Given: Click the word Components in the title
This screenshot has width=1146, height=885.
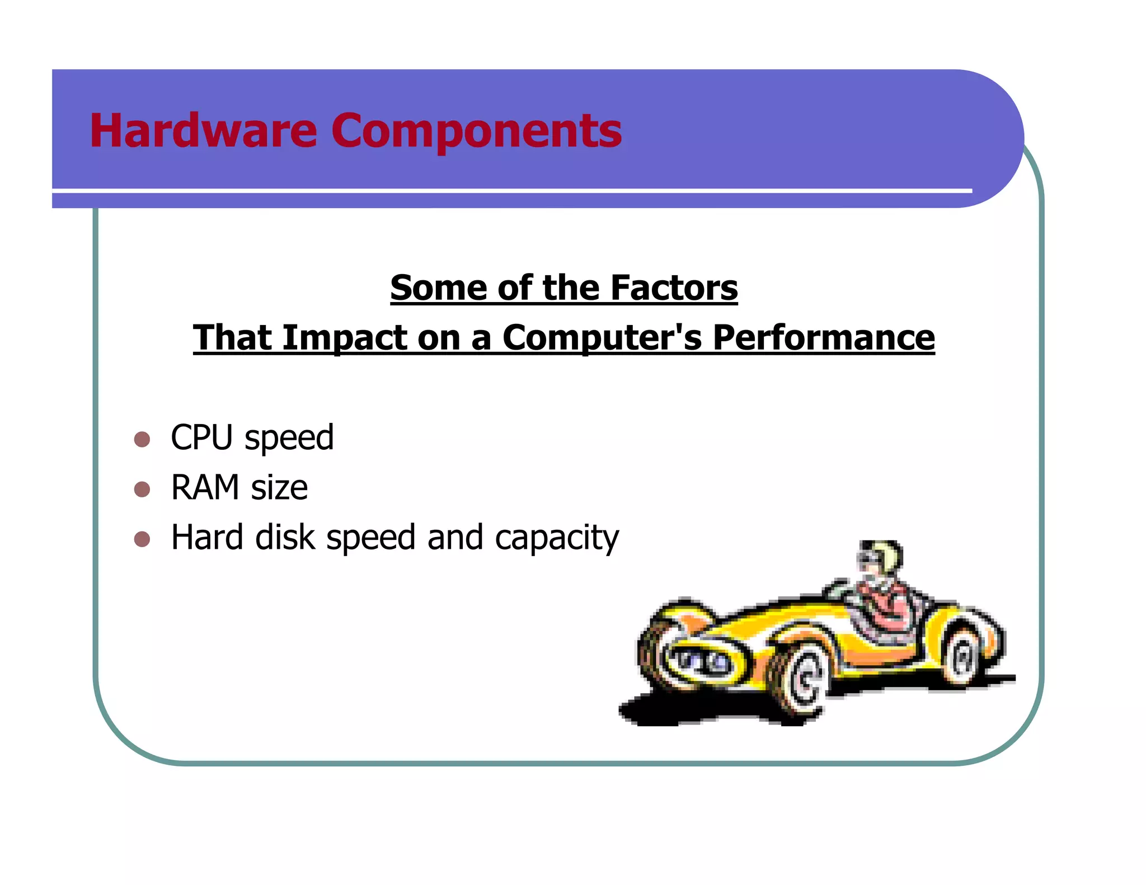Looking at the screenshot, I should tap(476, 132).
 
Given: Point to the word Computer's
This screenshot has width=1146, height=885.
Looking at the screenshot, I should tap(602, 339).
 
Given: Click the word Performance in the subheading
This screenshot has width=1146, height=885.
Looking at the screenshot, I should tap(823, 339).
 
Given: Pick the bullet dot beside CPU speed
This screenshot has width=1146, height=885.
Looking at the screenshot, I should tap(142, 439).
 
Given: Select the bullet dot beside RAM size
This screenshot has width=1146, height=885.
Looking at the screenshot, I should tap(142, 489).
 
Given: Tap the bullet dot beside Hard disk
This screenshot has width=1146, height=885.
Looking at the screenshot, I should tap(142, 539).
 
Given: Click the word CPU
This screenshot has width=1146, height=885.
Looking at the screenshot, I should tap(201, 437).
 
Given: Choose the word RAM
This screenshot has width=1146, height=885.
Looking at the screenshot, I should tap(205, 487).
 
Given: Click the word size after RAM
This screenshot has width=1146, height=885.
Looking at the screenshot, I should tap(279, 488).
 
